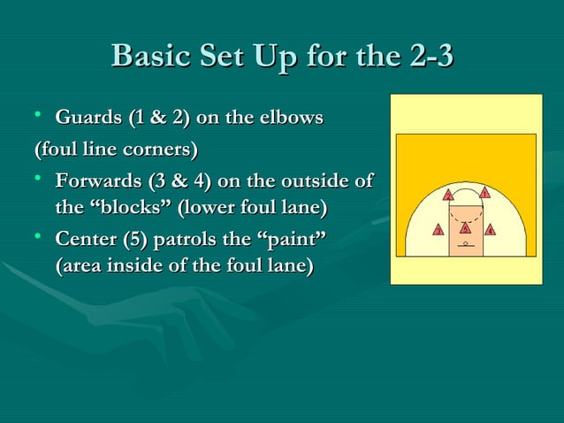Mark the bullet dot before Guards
click(37, 116)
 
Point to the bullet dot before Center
click(37, 236)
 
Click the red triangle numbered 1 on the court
click(484, 193)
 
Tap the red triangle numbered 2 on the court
click(449, 195)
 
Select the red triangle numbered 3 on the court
click(438, 231)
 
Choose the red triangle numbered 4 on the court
click(491, 231)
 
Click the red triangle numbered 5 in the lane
click(465, 229)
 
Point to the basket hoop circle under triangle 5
click(465, 242)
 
